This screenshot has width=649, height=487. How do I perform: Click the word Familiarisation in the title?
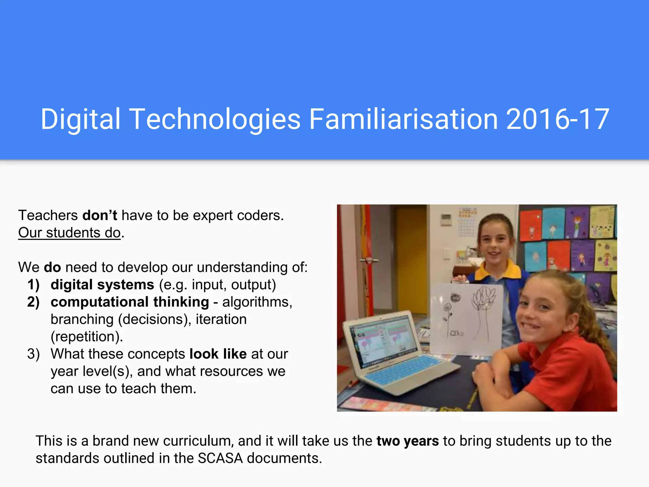point(403,119)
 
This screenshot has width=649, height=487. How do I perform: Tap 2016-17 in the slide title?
point(558,119)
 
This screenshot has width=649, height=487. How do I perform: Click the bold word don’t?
point(100,216)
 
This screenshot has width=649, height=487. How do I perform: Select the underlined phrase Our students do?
point(69,233)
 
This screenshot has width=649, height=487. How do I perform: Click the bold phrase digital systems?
point(102,285)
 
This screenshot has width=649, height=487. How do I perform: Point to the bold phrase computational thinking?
point(130,302)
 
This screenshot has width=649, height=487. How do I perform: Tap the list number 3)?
point(33,354)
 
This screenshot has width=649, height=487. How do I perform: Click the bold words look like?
point(218,354)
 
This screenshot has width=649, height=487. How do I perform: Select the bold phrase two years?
point(408,441)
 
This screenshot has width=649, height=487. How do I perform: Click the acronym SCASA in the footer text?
point(220,458)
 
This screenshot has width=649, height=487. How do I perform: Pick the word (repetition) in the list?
point(87,337)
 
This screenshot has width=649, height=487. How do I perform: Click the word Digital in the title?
point(80,119)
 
